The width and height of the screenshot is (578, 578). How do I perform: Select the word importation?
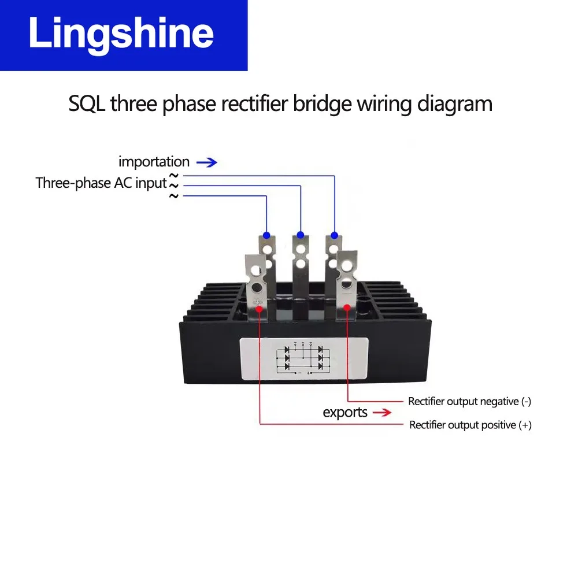[154, 162]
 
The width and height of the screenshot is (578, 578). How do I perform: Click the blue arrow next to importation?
[207, 162]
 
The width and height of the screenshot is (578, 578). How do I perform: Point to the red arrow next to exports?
[381, 413]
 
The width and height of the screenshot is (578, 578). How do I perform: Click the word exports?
[345, 413]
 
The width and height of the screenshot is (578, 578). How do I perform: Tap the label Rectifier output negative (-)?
[469, 401]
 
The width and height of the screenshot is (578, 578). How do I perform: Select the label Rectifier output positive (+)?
[470, 425]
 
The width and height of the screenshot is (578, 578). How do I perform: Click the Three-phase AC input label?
[101, 183]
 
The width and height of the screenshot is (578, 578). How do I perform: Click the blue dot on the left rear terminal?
[266, 235]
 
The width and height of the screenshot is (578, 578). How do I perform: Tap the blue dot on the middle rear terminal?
[301, 235]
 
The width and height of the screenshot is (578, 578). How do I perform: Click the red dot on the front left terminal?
[260, 310]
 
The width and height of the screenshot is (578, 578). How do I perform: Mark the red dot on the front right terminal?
[347, 309]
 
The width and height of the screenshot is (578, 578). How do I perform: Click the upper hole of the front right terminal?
[346, 266]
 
